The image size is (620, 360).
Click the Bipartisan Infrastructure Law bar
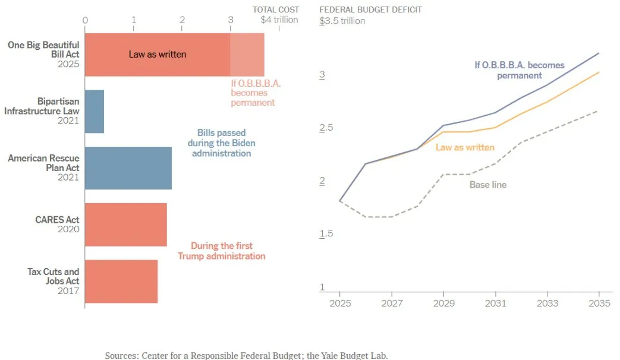click(x=95, y=111)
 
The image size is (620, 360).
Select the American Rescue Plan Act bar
click(x=128, y=168)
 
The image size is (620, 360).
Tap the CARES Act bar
click(x=126, y=225)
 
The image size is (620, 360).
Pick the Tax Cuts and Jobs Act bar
click(x=121, y=281)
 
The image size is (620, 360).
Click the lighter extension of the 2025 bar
click(x=247, y=55)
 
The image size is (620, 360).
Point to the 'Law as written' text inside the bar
click(x=158, y=55)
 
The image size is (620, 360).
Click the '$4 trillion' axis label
click(x=279, y=20)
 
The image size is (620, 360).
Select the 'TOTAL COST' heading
click(x=276, y=10)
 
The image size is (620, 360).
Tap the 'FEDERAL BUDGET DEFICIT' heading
click(x=371, y=10)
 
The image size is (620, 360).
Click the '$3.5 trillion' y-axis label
click(x=342, y=21)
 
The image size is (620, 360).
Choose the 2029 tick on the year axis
click(x=443, y=303)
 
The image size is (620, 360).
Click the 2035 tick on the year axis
click(x=599, y=303)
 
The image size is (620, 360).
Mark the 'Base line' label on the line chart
click(x=488, y=185)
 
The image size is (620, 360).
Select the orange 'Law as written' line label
click(x=465, y=147)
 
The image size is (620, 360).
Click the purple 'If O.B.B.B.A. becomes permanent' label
click(x=520, y=70)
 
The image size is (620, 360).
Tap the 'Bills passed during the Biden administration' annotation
click(x=221, y=143)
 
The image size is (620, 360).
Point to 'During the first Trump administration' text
click(x=221, y=251)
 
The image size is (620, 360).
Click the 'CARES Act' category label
click(x=57, y=220)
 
